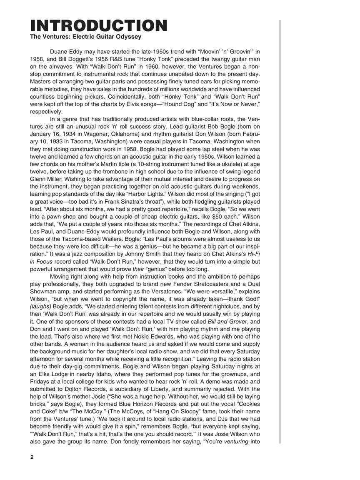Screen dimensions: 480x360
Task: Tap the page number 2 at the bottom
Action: [32, 457]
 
